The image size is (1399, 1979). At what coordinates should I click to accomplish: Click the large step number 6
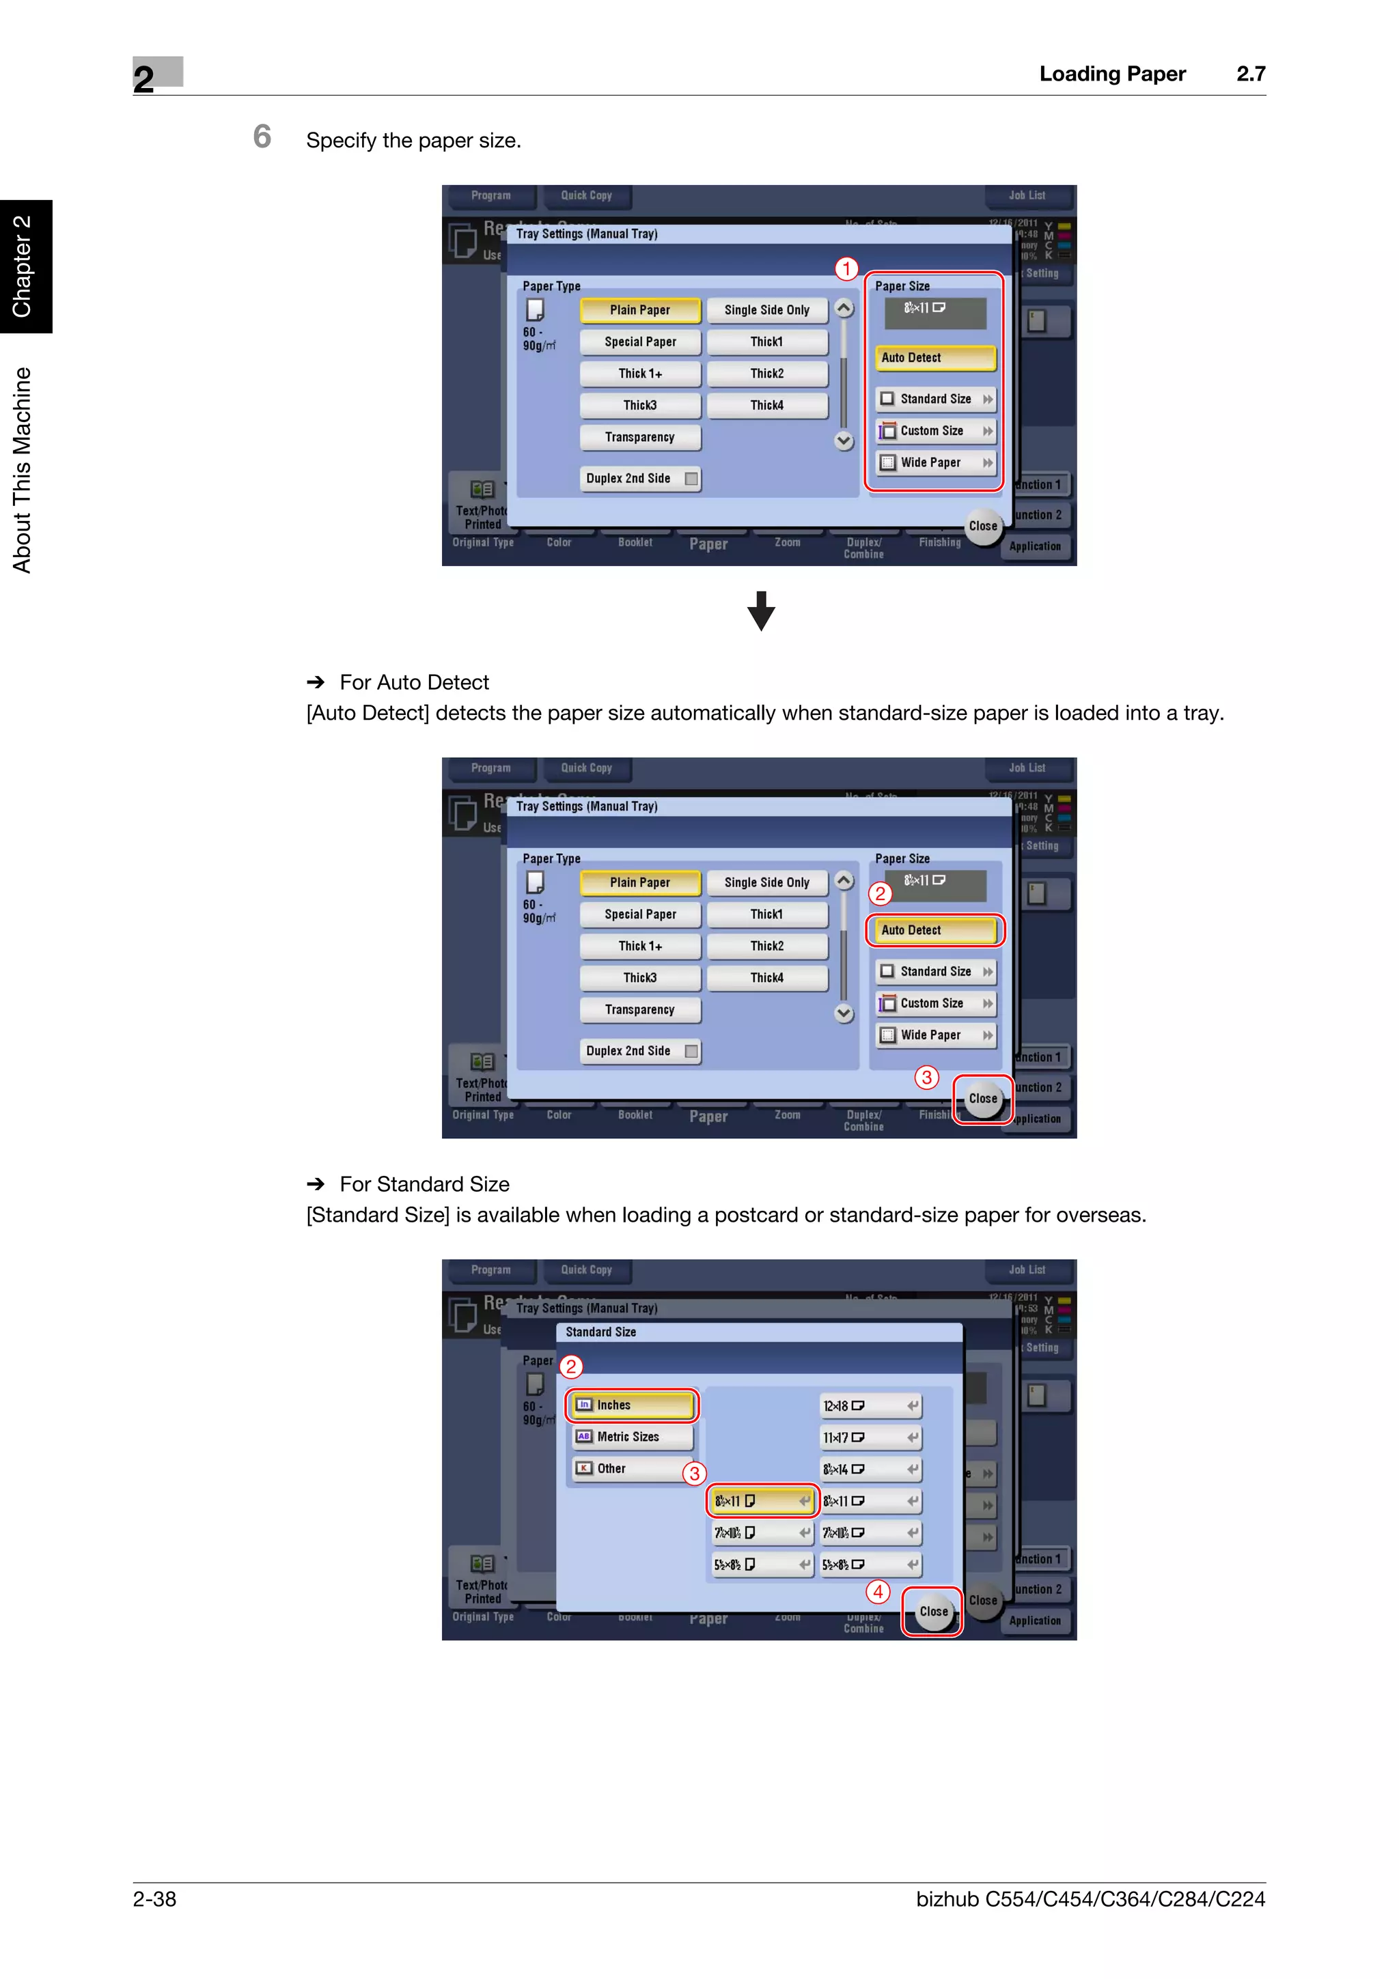point(262,137)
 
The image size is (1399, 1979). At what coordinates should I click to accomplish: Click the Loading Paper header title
point(1111,74)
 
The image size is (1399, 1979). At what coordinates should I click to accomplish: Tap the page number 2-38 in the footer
point(154,1899)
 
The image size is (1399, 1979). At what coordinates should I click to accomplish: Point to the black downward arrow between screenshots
point(760,610)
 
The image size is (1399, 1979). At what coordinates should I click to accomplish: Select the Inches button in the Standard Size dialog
point(632,1405)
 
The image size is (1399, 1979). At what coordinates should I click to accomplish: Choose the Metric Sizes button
point(632,1437)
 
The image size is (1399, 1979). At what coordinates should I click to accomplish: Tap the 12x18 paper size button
point(870,1406)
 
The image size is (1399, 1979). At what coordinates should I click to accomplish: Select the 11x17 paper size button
point(870,1437)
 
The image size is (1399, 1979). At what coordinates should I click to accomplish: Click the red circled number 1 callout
point(846,269)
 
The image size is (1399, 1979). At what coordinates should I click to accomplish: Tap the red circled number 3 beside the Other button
point(695,1474)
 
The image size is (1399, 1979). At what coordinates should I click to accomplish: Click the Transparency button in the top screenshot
point(639,438)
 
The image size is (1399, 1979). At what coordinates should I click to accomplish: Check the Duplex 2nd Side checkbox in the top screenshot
point(691,479)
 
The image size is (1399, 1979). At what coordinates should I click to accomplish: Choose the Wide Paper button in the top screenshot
point(935,463)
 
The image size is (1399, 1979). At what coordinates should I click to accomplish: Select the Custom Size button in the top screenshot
point(935,431)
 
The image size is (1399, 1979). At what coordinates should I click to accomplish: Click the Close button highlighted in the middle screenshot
point(983,1099)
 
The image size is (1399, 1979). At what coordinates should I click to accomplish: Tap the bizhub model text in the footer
point(1090,1899)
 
